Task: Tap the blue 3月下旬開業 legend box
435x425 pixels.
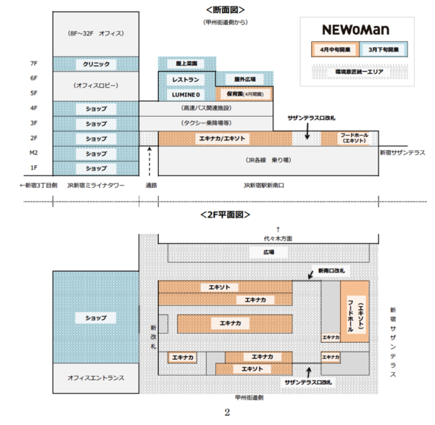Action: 382,51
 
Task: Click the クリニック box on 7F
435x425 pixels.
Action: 96,64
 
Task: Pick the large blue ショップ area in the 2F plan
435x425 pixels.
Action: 96,318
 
